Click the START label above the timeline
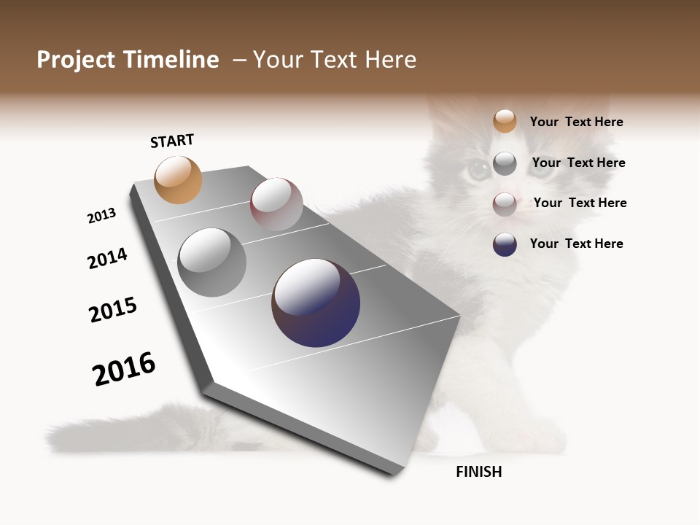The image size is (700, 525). (172, 141)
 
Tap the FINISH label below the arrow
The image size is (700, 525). (478, 472)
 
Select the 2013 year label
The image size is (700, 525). (101, 216)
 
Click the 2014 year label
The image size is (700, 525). (107, 258)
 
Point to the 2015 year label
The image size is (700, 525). (113, 310)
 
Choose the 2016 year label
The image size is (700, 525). (124, 369)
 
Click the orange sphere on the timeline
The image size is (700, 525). (179, 180)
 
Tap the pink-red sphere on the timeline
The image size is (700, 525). (276, 204)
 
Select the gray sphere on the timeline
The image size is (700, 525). (212, 262)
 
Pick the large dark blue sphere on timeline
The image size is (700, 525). (316, 303)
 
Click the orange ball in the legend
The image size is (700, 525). (505, 121)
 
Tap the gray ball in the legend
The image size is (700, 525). (505, 163)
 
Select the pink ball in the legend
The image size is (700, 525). (505, 204)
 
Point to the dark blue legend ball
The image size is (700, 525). (505, 244)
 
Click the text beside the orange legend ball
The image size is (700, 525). (576, 122)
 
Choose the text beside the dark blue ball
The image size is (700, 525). (576, 244)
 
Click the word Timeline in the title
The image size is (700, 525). (167, 60)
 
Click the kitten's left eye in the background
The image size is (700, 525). (479, 171)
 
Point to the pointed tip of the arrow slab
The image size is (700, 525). (460, 316)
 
